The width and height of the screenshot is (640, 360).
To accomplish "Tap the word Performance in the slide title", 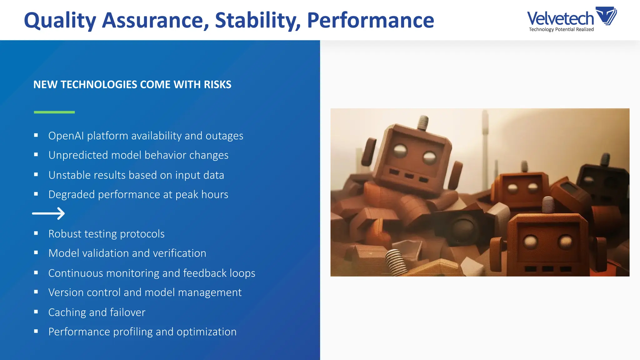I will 370,21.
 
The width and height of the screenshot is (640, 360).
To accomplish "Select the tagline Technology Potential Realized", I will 561,29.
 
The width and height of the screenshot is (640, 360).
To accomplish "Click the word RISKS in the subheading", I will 217,85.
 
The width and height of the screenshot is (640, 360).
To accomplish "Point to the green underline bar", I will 54,112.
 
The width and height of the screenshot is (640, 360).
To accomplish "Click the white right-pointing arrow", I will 48,214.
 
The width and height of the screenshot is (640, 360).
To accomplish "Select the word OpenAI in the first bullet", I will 66,136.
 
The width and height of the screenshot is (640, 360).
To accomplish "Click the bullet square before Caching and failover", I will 36,312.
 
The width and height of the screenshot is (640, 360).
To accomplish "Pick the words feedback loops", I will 219,273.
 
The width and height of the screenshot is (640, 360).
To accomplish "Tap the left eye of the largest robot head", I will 400,151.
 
